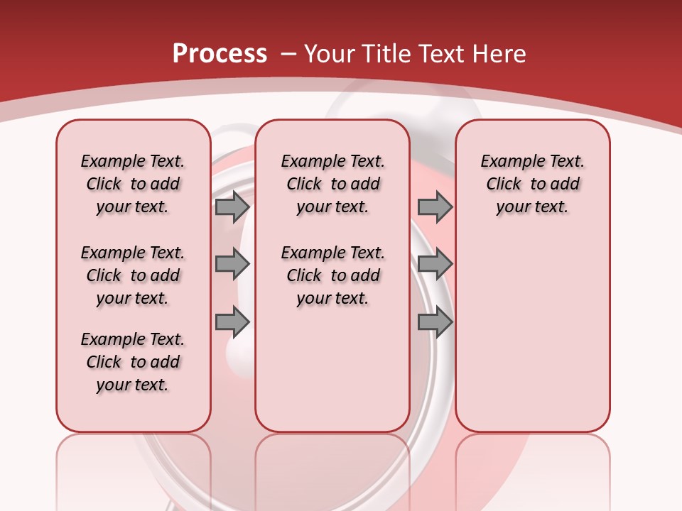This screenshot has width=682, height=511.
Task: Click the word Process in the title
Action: coord(220,54)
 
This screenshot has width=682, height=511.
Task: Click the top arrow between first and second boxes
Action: coord(232,207)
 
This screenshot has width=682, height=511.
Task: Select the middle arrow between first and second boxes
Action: coord(232,265)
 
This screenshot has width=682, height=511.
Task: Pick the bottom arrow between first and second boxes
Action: coord(232,322)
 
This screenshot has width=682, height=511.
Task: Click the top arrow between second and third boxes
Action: coord(435,207)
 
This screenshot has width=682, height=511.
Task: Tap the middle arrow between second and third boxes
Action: coord(435,265)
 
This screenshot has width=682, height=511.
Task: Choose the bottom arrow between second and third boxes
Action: coord(435,322)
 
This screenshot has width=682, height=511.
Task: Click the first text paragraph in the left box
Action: coord(133,184)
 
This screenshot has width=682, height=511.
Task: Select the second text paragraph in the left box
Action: coord(133,275)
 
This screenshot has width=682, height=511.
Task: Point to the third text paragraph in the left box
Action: coord(133,362)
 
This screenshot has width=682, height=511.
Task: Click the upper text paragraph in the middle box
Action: coord(332,184)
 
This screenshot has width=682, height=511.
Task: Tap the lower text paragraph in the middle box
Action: coord(332,275)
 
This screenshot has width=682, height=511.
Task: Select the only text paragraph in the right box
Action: coord(533,184)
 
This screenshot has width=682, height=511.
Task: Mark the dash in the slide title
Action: coord(288,55)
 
